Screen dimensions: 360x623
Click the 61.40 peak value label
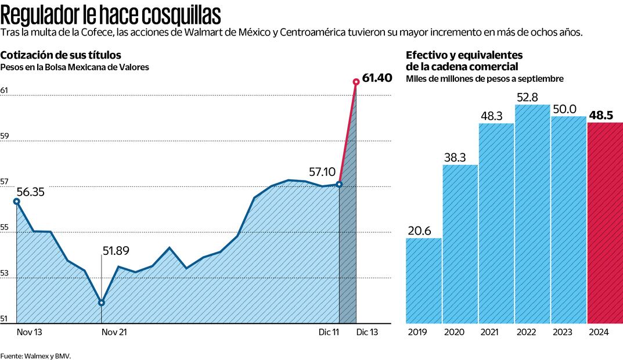click(x=377, y=78)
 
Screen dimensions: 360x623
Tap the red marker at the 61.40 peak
click(x=356, y=82)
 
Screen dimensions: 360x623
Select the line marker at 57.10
click(x=339, y=184)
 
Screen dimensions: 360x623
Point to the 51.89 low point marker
click(x=102, y=303)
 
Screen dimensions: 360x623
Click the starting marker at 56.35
click(x=17, y=201)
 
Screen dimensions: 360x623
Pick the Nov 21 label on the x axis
click(x=114, y=333)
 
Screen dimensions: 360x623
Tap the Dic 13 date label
click(x=367, y=333)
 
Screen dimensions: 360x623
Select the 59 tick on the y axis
click(x=5, y=136)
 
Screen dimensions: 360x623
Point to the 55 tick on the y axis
click(x=5, y=228)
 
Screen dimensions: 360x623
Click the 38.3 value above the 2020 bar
click(x=460, y=157)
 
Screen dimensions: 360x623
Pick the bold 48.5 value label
click(x=602, y=115)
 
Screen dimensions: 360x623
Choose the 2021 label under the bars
click(x=489, y=333)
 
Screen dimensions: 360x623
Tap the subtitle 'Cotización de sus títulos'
click(x=61, y=55)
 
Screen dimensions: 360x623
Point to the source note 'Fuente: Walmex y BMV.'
click(x=35, y=355)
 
